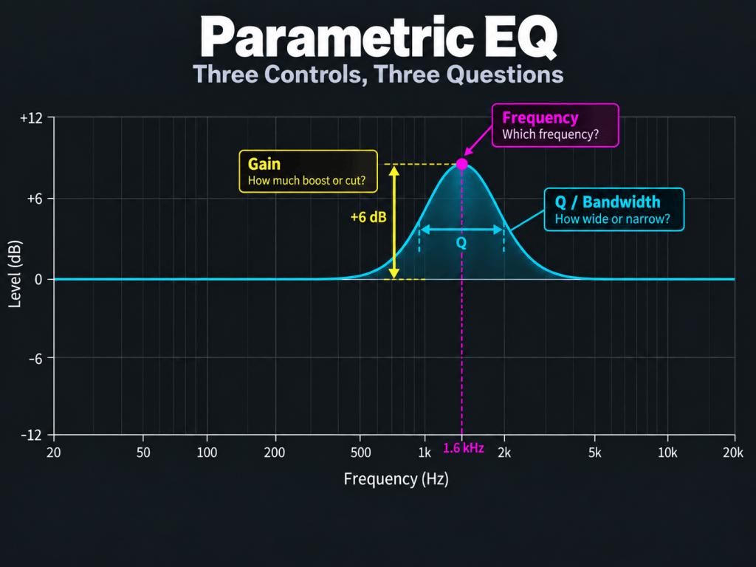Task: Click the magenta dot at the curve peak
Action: click(x=462, y=164)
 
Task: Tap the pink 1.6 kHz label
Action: click(x=464, y=448)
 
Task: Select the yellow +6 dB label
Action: click(x=368, y=218)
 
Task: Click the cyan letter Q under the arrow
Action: click(x=461, y=242)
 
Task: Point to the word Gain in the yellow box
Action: click(x=264, y=164)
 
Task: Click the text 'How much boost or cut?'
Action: click(x=306, y=181)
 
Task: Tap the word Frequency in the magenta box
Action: click(x=540, y=117)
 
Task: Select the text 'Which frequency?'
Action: click(x=551, y=134)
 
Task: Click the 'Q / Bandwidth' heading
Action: click(x=608, y=202)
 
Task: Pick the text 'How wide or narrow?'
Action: click(x=612, y=219)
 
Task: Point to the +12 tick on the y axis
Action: click(x=31, y=117)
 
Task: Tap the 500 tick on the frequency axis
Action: click(x=360, y=453)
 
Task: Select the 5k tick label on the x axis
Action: click(x=595, y=453)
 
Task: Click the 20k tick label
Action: click(x=733, y=453)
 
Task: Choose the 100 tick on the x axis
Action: click(x=207, y=453)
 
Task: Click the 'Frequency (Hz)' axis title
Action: click(x=396, y=479)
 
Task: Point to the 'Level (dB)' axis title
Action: click(x=16, y=274)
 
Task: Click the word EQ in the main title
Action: click(x=520, y=38)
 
